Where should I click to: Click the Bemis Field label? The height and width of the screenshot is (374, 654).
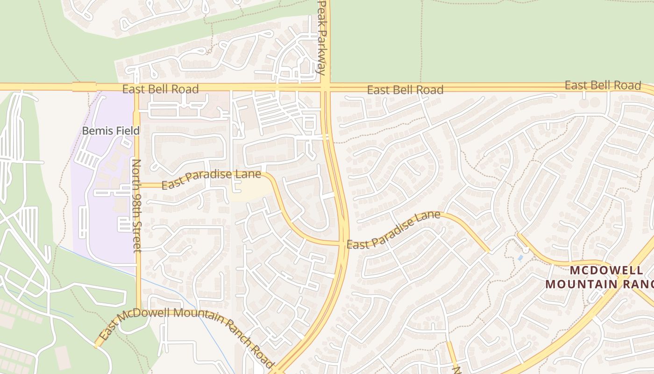111,130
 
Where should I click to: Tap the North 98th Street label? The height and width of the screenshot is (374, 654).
137,206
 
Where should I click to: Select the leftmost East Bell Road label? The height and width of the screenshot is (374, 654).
160,89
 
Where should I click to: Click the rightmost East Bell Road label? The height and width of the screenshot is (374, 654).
603,86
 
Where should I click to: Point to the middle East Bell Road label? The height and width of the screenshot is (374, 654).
405,89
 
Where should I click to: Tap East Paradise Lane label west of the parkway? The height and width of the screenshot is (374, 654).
211,180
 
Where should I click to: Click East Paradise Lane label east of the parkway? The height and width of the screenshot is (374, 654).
393,230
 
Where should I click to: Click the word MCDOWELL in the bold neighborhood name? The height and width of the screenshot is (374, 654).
606,270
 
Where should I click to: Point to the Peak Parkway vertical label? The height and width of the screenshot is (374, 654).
321,37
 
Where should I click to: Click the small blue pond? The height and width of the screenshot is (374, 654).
520,258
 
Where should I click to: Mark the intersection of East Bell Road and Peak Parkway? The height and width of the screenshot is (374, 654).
325,87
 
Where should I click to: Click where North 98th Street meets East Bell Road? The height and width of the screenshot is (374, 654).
137,87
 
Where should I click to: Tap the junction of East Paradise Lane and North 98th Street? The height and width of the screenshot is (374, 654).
137,185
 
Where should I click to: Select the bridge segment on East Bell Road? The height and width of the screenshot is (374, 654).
84,86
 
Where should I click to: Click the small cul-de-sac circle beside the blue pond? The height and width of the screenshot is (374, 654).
526,250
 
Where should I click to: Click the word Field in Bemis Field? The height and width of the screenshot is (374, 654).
128,130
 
